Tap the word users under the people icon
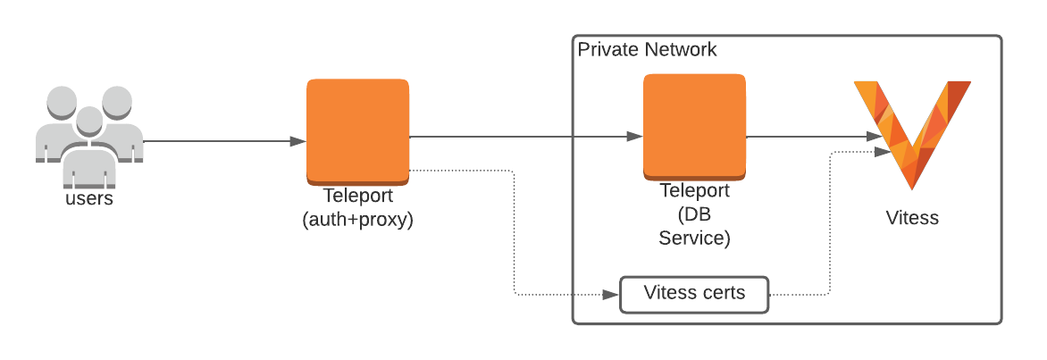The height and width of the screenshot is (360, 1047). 89,198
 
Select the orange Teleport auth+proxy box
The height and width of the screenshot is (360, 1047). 357,130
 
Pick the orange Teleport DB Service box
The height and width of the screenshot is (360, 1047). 694,127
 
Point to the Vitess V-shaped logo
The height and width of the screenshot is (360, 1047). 911,130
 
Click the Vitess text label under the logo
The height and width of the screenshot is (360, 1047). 912,217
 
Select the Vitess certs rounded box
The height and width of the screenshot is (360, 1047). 694,294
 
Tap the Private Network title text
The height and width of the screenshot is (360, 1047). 647,49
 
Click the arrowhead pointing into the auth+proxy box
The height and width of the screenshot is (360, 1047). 298,141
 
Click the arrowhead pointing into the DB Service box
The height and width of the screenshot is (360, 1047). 634,137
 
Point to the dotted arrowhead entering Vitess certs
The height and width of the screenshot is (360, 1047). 613,294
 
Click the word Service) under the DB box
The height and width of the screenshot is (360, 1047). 694,239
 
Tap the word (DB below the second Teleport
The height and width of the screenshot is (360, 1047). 694,215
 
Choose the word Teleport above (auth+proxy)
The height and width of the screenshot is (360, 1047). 357,197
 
